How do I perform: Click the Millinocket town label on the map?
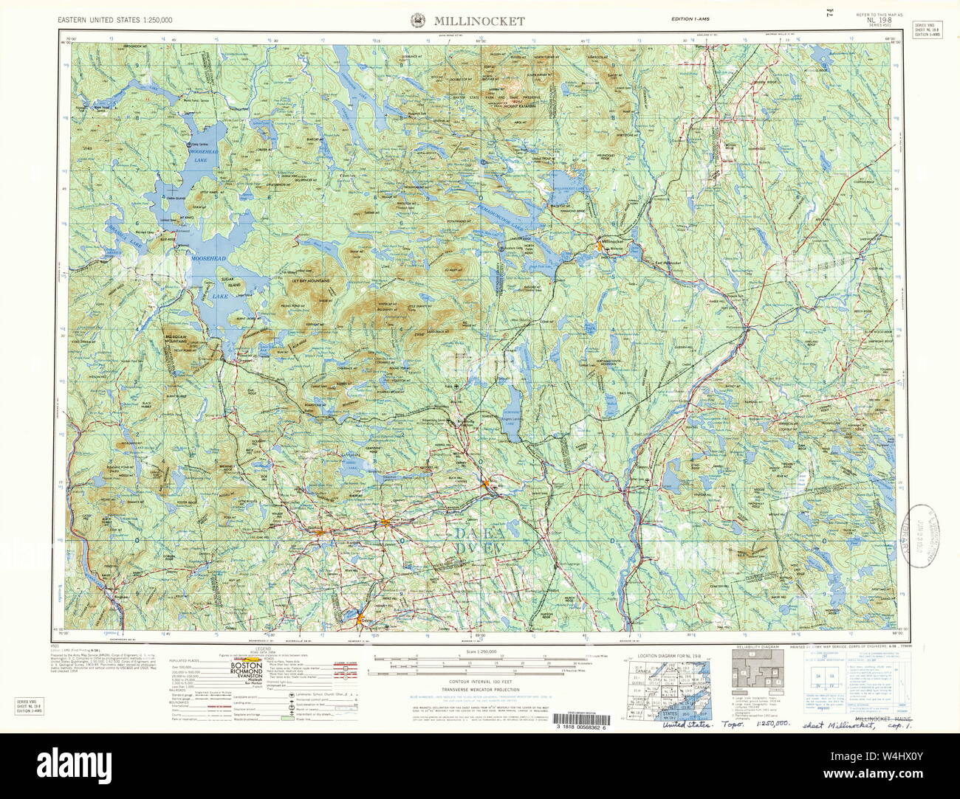point(614,241)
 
